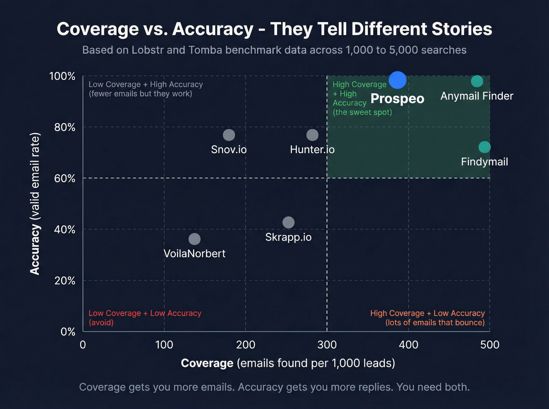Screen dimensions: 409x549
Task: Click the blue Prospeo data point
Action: [397, 80]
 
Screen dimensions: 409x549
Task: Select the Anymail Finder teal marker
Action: [477, 81]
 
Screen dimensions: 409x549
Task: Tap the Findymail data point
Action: [485, 147]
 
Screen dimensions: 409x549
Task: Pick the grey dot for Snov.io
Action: [229, 135]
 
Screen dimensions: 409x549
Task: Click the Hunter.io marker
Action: [312, 135]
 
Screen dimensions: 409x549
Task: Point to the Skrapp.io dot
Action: [288, 223]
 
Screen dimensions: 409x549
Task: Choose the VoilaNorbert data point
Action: [195, 239]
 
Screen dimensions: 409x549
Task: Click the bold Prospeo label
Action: [397, 99]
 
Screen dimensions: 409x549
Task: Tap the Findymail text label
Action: [484, 162]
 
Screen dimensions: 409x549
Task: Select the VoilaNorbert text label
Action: [195, 254]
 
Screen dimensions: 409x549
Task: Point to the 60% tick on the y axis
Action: [65, 178]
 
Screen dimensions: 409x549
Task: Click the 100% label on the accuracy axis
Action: [62, 76]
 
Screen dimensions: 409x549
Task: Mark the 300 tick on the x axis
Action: [327, 345]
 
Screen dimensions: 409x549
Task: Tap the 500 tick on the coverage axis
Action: [490, 345]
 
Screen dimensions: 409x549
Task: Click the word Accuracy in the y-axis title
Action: [35, 250]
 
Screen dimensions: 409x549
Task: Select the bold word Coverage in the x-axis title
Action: [207, 363]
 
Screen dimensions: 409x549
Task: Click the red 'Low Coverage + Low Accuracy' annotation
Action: [145, 314]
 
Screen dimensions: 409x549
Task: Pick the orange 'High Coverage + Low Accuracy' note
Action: [427, 314]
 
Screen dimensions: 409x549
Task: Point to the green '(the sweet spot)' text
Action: [362, 112]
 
